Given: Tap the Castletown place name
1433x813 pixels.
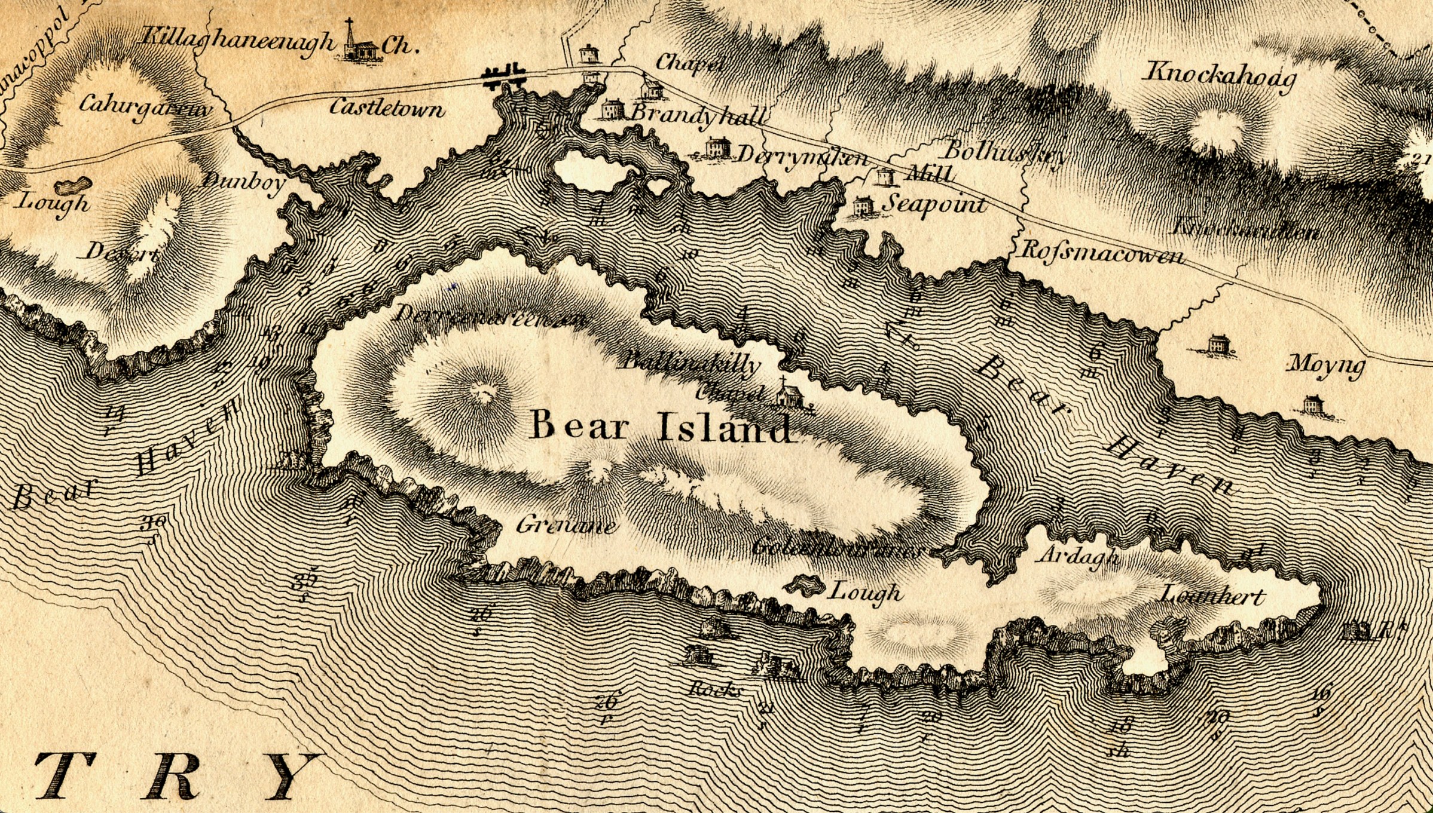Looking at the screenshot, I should click(x=387, y=108).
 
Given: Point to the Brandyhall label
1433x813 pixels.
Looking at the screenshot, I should click(x=697, y=115).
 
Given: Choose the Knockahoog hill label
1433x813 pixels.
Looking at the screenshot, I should click(x=1220, y=78).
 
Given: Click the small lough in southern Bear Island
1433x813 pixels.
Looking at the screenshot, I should click(x=803, y=584).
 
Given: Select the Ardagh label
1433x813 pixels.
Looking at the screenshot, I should click(x=1079, y=556).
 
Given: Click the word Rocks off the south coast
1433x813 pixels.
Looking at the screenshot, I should click(x=714, y=690).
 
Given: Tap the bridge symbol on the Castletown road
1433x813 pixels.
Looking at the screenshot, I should click(x=503, y=75).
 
